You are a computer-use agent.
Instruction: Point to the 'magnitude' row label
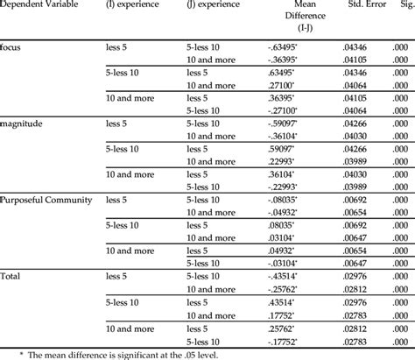[x=23, y=124]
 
